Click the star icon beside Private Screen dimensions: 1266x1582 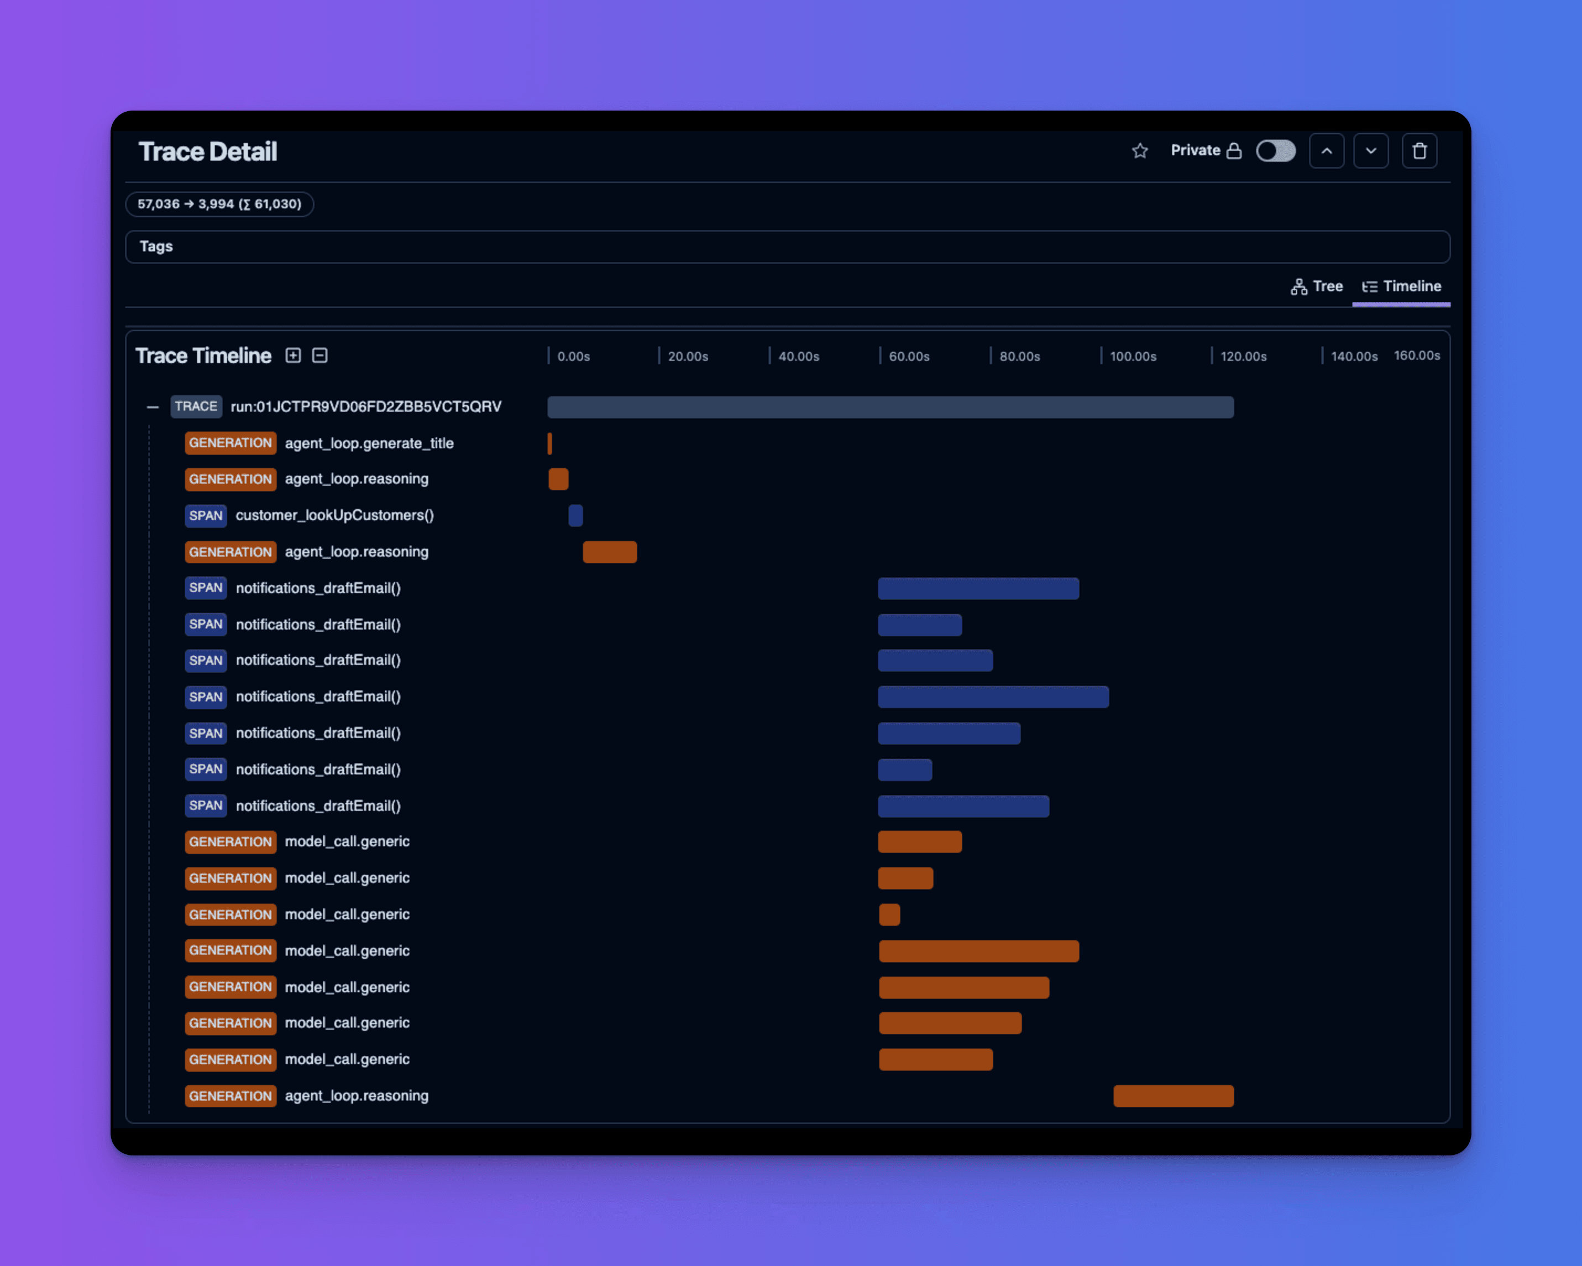tap(1140, 151)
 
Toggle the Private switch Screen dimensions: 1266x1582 tap(1275, 151)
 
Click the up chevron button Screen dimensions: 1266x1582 tap(1326, 151)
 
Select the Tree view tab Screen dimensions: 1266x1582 tap(1317, 287)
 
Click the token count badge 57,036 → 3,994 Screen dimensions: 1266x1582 tap(219, 204)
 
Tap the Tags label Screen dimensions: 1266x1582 tap(156, 247)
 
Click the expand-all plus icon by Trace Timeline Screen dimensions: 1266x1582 tap(294, 356)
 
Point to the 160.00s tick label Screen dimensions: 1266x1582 tap(1416, 356)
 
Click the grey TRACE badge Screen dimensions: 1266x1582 tap(196, 406)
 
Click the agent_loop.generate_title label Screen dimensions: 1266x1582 tap(369, 443)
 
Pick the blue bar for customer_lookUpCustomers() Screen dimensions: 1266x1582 tap(575, 516)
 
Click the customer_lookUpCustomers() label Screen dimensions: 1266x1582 tap(334, 516)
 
